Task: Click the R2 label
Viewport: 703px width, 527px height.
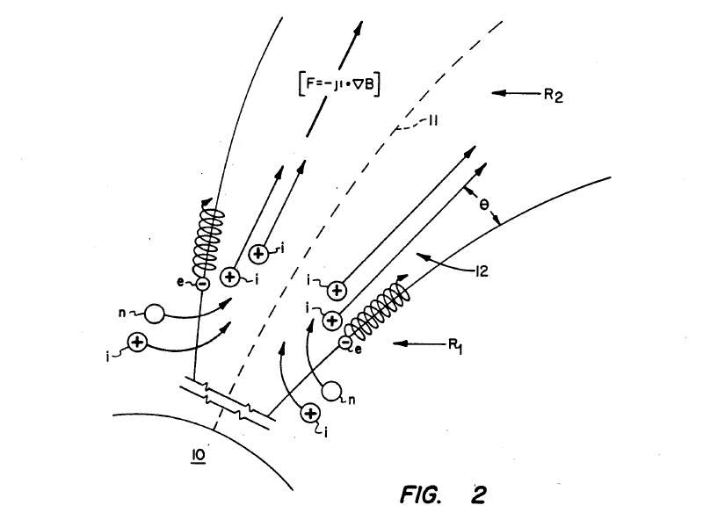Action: [554, 95]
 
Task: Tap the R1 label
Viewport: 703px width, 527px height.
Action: [455, 346]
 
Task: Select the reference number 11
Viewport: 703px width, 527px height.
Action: [433, 120]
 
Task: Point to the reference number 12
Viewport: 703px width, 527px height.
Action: [481, 271]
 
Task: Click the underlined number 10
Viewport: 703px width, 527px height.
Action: [199, 455]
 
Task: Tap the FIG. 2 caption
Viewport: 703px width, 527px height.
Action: [443, 495]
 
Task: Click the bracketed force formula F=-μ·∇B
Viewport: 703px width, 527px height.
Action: [339, 83]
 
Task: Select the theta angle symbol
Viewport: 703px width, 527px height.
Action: [484, 205]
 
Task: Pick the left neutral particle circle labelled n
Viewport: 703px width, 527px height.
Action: [155, 314]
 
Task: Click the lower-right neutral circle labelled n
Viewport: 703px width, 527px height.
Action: [331, 391]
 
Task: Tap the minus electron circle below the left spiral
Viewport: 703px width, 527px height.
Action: [203, 284]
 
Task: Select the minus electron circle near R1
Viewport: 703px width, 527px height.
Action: [344, 343]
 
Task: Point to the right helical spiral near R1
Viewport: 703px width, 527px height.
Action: [380, 309]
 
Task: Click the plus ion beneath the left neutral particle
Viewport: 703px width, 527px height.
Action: [138, 343]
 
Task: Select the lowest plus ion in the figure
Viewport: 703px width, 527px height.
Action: [310, 414]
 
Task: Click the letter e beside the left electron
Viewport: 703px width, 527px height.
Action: [180, 282]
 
